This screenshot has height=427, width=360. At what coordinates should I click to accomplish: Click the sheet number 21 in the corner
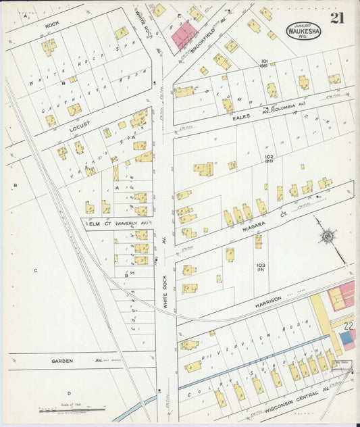click(x=337, y=18)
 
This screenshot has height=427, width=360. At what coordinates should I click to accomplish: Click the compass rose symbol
click(x=328, y=236)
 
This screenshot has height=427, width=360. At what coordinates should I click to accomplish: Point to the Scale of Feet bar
click(x=72, y=408)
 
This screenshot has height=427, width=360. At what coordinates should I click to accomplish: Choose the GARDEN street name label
click(x=62, y=361)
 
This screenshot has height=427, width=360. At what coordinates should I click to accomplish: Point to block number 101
click(x=264, y=61)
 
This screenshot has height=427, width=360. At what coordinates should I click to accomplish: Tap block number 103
click(x=260, y=265)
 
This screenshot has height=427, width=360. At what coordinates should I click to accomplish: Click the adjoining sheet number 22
click(x=347, y=326)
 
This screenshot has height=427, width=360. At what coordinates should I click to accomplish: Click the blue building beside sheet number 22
click(x=346, y=338)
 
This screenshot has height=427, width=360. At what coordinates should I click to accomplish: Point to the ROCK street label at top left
click(x=52, y=25)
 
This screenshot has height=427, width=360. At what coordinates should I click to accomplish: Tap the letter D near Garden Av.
click(x=68, y=393)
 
